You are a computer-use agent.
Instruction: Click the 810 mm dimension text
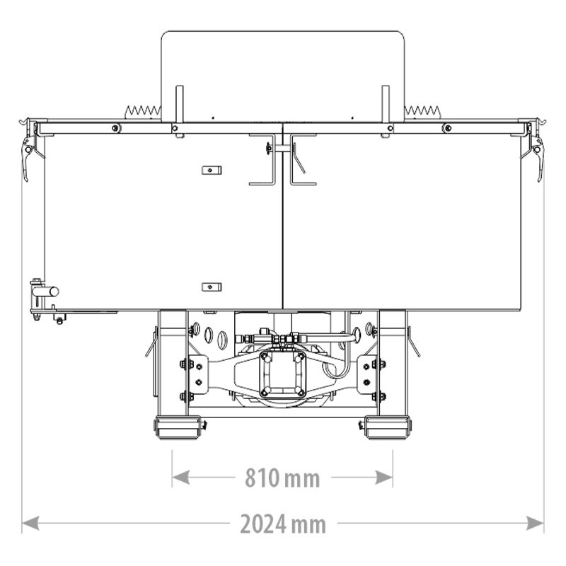point(282,478)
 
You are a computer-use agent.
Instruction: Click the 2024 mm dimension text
point(282,524)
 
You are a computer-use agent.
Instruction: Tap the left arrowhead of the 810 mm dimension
point(181,477)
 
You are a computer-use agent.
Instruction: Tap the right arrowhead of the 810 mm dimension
point(384,477)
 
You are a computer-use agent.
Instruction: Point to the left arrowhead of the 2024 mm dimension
point(30,523)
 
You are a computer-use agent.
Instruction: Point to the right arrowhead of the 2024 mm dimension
point(535,523)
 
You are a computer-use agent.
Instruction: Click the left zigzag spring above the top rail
point(143,112)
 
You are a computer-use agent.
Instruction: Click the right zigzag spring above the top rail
point(422,112)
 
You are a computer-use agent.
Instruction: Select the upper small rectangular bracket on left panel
point(212,170)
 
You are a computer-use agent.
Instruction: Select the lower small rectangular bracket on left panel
point(212,287)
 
